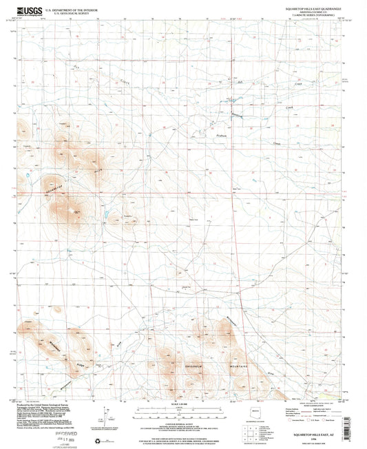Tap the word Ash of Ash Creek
pos(240,83)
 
